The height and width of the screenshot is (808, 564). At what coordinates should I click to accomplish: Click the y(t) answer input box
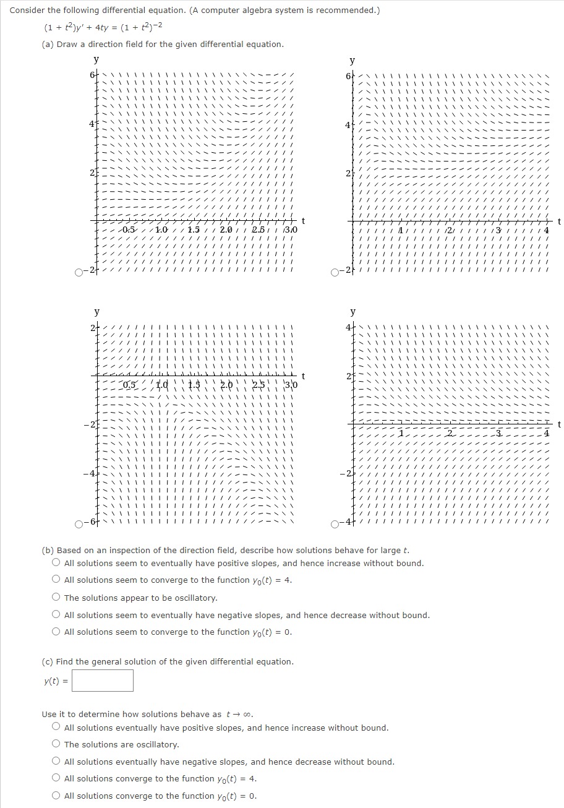[x=106, y=681]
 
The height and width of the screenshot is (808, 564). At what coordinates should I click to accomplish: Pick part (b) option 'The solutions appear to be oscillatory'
[x=56, y=598]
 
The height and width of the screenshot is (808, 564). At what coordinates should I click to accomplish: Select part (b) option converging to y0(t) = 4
[x=56, y=580]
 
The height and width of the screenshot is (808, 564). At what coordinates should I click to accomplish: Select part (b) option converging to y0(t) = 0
[x=56, y=632]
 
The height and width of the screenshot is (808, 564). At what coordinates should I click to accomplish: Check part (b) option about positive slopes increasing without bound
[x=56, y=563]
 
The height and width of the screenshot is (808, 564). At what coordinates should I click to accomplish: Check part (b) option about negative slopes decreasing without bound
[x=56, y=615]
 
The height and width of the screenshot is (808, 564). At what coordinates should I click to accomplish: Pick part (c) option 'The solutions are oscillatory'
[x=56, y=744]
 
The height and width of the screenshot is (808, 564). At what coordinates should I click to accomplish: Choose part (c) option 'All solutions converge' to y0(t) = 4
[x=56, y=778]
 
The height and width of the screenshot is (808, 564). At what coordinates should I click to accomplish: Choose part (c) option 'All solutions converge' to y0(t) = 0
[x=56, y=796]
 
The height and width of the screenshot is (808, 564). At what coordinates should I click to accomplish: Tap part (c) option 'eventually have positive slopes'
[x=56, y=728]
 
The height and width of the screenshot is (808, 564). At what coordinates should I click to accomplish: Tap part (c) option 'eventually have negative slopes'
[x=56, y=762]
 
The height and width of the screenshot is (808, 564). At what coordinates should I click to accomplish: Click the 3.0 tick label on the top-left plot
[x=291, y=230]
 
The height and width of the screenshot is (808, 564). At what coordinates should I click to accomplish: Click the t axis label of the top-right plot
[x=559, y=221]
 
